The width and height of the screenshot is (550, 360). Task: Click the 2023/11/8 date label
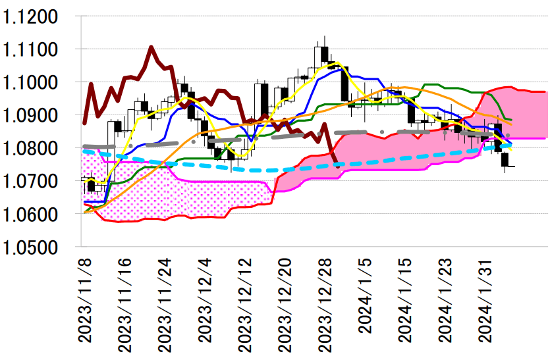point(85,299)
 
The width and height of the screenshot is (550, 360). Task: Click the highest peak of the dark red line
point(151,47)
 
